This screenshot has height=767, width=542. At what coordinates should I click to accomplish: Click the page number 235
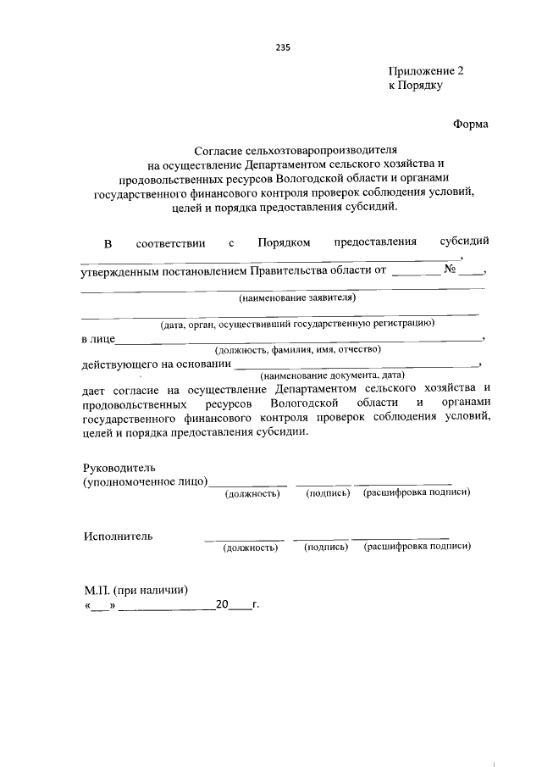pyautogui.click(x=283, y=47)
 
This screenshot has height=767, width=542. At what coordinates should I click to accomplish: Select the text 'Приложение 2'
pyautogui.click(x=427, y=71)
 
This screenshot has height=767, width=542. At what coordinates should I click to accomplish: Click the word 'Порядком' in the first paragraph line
pyautogui.click(x=284, y=242)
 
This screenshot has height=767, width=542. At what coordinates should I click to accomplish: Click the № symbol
pyautogui.click(x=451, y=270)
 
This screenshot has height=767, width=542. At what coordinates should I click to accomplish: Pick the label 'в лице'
pyautogui.click(x=97, y=339)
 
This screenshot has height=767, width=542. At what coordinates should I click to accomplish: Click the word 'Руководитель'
pyautogui.click(x=119, y=468)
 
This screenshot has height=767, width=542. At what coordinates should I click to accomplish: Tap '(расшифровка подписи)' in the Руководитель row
pyautogui.click(x=416, y=492)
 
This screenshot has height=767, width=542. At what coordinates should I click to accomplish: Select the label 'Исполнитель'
pyautogui.click(x=118, y=536)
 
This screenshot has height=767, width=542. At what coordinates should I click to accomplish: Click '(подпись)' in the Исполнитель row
pyautogui.click(x=326, y=547)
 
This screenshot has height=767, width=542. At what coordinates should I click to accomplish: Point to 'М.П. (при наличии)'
pyautogui.click(x=135, y=591)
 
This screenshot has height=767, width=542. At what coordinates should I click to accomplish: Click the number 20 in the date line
pyautogui.click(x=222, y=606)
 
